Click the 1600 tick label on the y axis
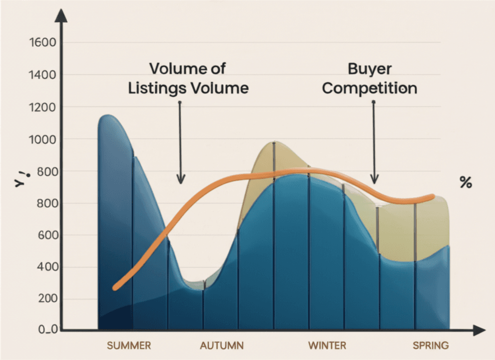tap(43, 43)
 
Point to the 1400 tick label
tap(43, 75)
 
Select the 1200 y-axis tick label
tap(43, 107)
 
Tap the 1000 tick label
tap(43, 139)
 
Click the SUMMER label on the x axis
tap(129, 345)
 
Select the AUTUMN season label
tap(222, 345)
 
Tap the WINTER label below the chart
tap(327, 345)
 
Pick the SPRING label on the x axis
tap(430, 345)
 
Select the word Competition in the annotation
tap(370, 89)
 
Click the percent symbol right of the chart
tap(466, 183)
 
